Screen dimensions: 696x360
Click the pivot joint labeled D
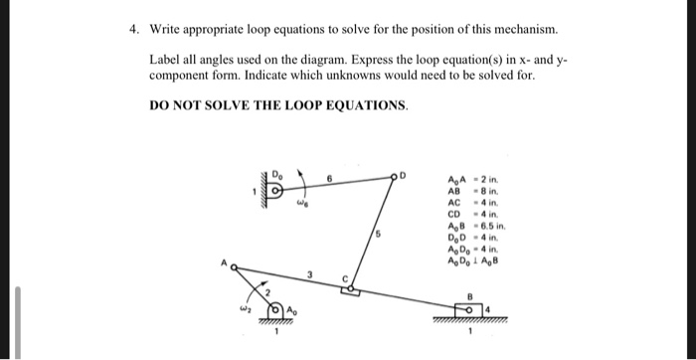point(395,180)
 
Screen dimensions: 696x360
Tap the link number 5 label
point(377,235)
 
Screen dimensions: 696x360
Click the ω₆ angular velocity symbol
point(305,206)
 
